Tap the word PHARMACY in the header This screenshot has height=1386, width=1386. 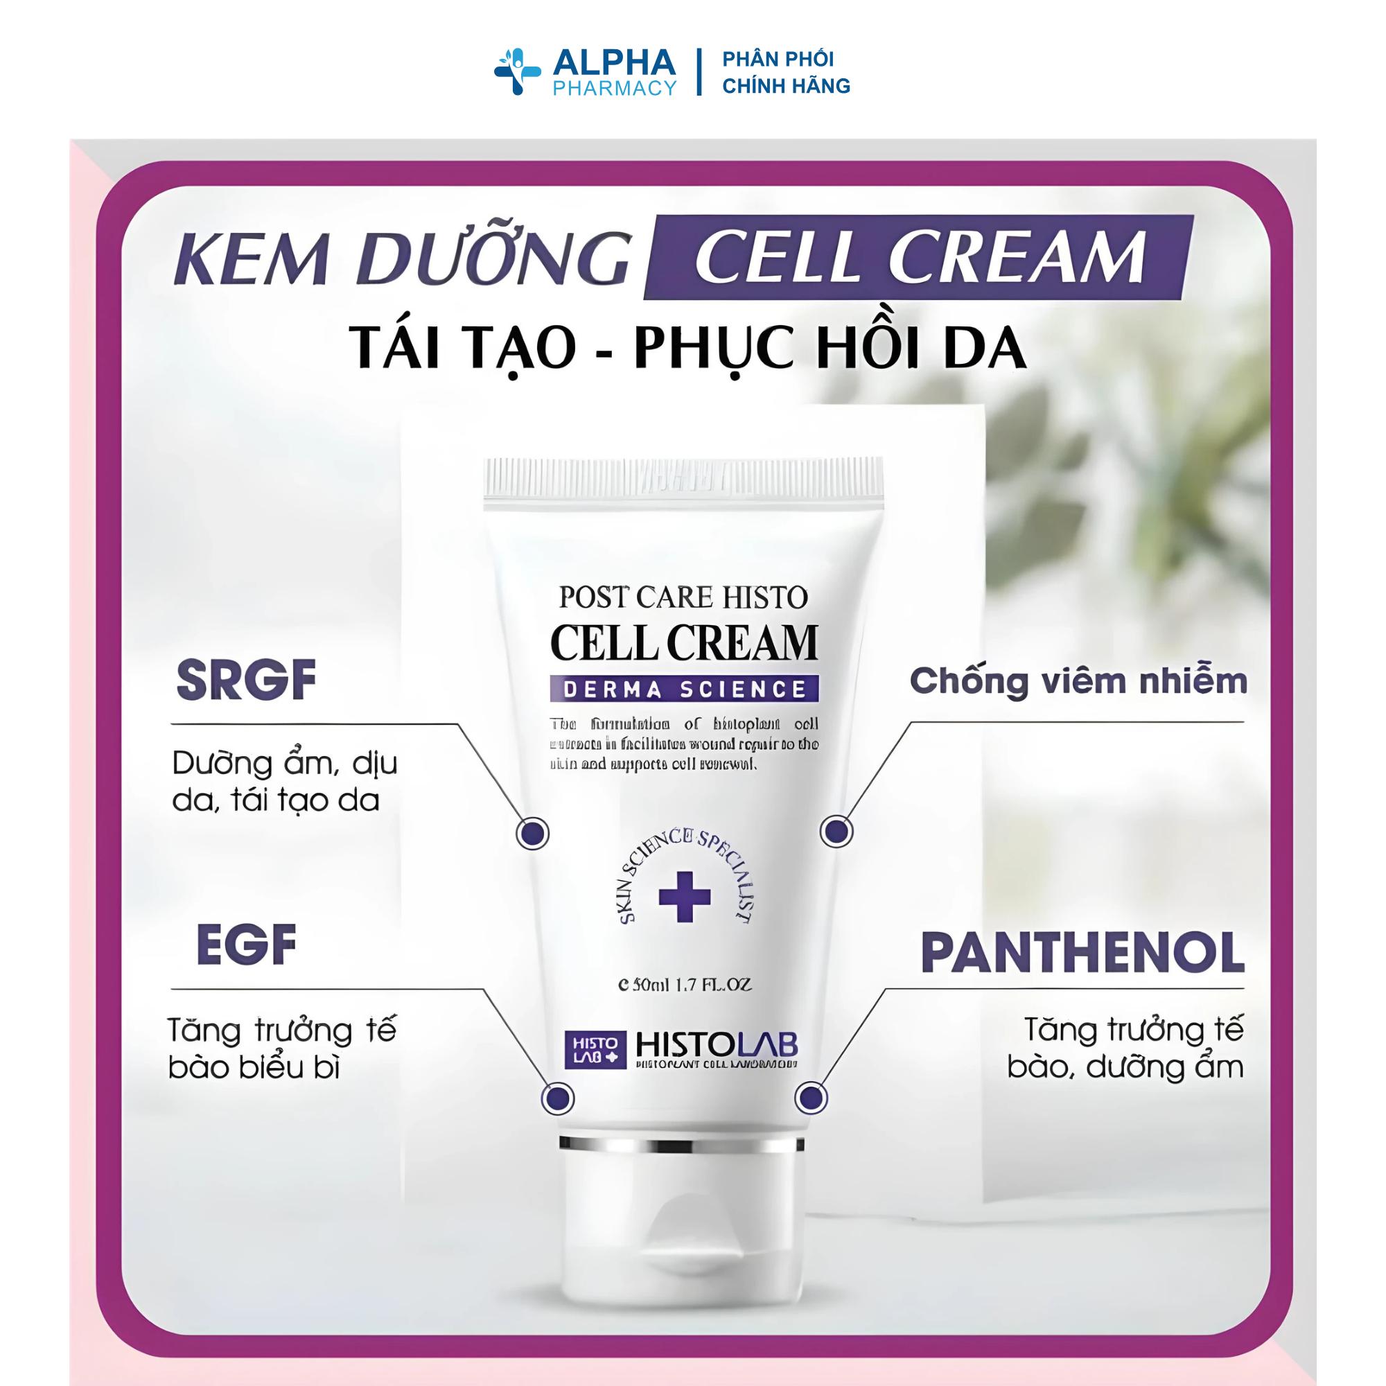coord(614,87)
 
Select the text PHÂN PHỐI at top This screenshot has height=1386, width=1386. coord(778,59)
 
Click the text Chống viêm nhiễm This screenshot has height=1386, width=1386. coord(1078,681)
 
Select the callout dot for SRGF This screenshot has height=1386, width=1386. coord(533,834)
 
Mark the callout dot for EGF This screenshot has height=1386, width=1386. coord(557,1098)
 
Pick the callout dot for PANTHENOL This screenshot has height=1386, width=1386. coord(811,1098)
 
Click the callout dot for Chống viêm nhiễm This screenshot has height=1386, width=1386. coord(836,832)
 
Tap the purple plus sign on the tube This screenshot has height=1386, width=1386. coord(685,896)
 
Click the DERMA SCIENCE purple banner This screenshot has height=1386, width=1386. coord(685,690)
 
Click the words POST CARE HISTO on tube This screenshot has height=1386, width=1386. coord(683,597)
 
